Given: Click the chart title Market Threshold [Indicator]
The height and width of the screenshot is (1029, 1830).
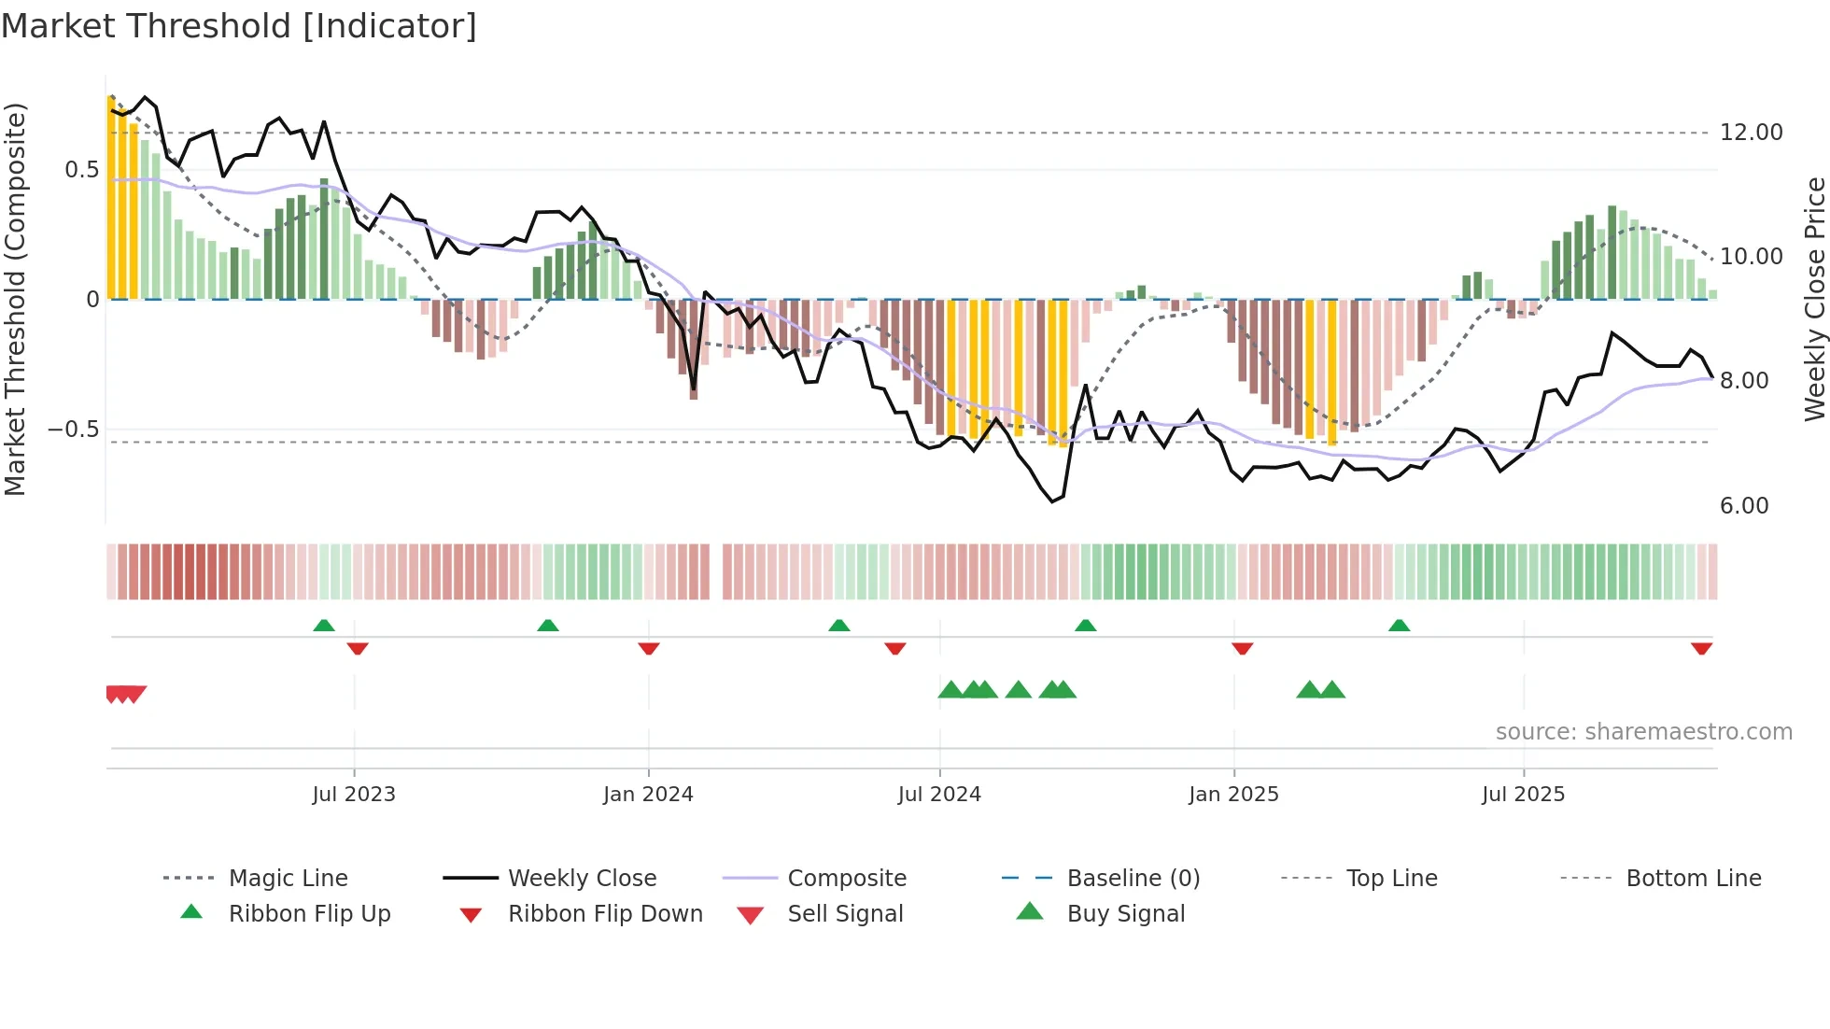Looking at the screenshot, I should coord(239,26).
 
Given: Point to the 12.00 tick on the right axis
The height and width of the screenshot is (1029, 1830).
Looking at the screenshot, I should coord(1751,133).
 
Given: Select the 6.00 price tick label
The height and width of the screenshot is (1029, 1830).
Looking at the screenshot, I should coord(1743,506).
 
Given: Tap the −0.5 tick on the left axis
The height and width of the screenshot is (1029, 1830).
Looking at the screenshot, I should coord(73,430).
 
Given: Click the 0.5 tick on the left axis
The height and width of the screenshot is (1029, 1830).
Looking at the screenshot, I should coord(81,170).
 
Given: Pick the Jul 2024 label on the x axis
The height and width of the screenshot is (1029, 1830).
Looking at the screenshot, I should coord(939,795).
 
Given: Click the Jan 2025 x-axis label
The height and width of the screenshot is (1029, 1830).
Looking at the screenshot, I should coord(1233,795).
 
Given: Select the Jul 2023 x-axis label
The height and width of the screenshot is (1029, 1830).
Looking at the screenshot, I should coord(354,795).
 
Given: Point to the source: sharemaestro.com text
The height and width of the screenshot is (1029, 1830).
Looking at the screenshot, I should coord(1643,732).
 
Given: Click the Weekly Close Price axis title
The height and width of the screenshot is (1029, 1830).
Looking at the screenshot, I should coord(1814,299).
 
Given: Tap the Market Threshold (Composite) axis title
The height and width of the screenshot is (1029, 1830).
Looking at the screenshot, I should coord(15,299).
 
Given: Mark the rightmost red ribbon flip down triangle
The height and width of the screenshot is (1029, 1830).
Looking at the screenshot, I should coord(1701,648).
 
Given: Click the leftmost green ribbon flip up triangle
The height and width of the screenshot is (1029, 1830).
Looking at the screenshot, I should coord(324,626).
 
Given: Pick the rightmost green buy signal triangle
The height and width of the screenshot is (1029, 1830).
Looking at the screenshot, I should coord(1332,690).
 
